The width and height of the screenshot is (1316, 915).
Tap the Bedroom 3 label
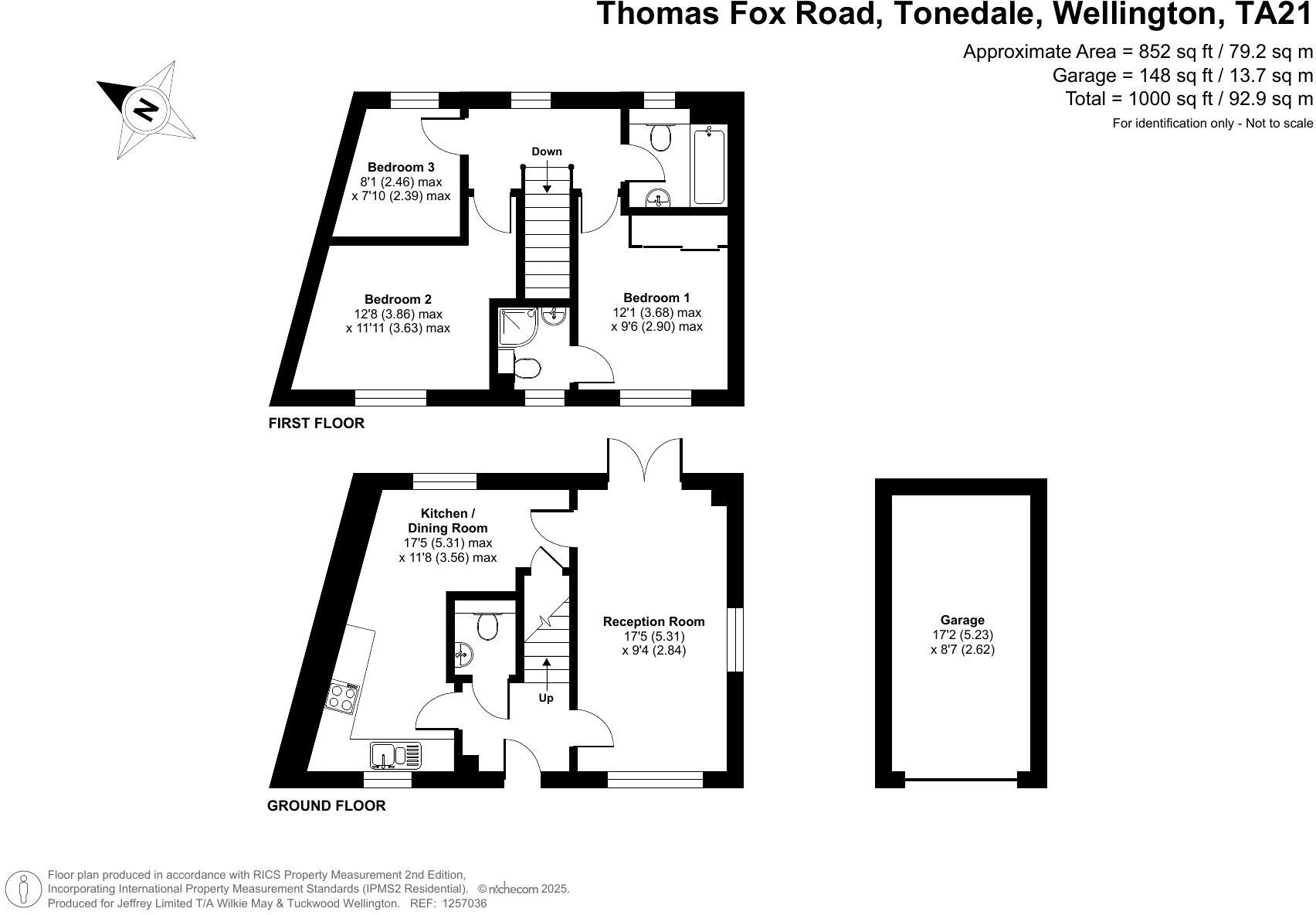point(400,167)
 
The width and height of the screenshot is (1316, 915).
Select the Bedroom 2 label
point(398,299)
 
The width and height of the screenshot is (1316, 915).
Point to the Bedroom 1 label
point(656,298)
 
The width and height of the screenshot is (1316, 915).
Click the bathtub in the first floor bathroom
point(709,166)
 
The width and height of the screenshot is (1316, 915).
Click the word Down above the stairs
point(546,151)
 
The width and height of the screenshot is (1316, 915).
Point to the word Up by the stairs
point(546,699)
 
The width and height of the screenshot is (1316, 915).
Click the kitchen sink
point(396,754)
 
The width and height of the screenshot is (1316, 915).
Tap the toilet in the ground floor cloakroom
point(487,624)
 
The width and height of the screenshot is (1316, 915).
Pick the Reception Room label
point(653,621)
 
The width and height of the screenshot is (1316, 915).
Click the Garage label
point(962,620)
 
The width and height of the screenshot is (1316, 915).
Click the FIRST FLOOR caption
point(316,423)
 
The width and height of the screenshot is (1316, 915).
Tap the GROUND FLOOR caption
point(326,806)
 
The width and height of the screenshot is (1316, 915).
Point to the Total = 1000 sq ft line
point(1189,99)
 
